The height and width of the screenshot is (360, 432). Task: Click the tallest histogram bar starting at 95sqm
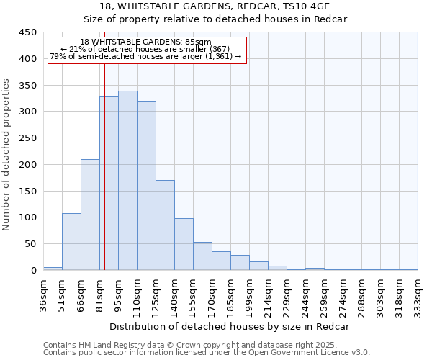127,180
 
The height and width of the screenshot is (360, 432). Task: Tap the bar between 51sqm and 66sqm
71,242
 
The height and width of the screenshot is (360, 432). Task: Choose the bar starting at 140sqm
184,244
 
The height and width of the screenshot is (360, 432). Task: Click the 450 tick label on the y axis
28,32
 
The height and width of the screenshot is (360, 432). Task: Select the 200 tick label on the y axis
28,165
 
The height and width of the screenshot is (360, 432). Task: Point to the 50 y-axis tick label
31,244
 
